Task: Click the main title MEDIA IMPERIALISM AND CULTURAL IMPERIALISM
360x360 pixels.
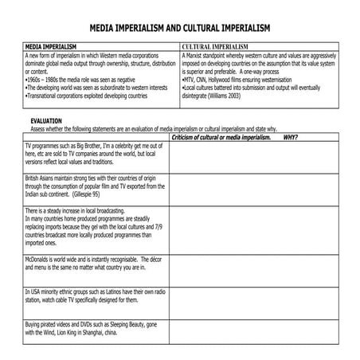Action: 180,28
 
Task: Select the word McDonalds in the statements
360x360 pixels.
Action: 41,260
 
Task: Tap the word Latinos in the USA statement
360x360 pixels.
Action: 111,292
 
